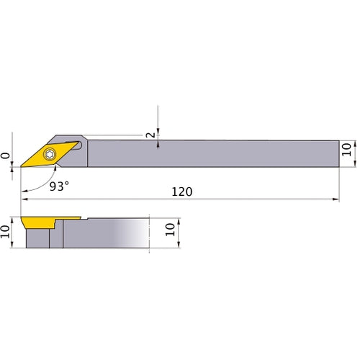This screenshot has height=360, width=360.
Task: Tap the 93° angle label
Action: pos(60,186)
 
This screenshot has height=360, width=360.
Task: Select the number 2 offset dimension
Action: pos(150,134)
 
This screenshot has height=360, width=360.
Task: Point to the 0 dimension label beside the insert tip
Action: pos(6,155)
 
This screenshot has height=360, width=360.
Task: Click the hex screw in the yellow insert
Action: pos(50,153)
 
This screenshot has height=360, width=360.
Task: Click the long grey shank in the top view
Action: pos(216,153)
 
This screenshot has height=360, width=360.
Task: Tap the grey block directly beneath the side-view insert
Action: pos(37,236)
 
